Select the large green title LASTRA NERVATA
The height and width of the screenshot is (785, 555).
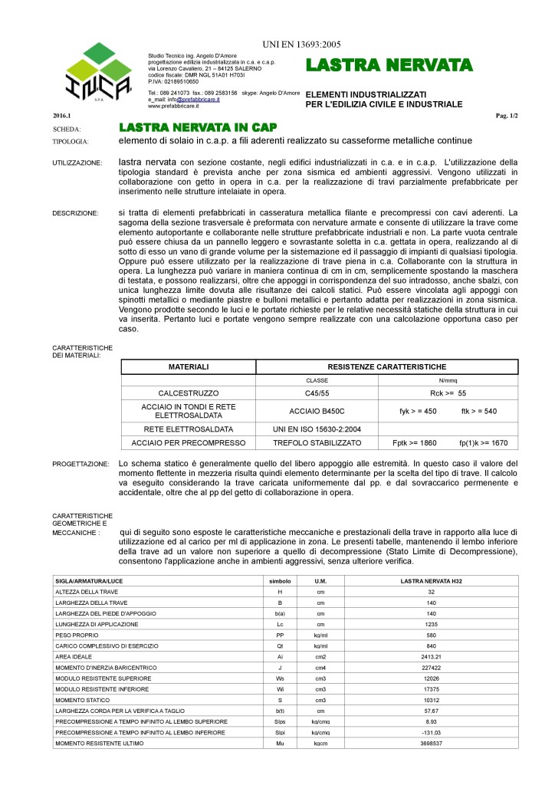(x=389, y=65)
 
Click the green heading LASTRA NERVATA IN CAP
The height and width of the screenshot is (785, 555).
(x=197, y=127)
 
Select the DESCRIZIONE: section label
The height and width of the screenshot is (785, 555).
(x=75, y=212)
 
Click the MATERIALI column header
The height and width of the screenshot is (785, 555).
(x=189, y=367)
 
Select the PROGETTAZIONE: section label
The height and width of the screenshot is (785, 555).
(x=80, y=465)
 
